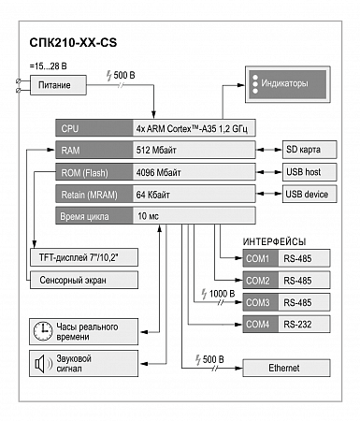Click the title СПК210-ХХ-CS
(x=73, y=42)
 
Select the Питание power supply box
(x=58, y=85)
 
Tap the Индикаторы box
(x=288, y=84)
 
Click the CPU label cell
(x=94, y=128)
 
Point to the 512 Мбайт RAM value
(x=156, y=151)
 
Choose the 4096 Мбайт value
(x=158, y=172)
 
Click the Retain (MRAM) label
(x=89, y=195)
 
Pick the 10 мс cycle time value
(x=148, y=216)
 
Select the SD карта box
(x=310, y=150)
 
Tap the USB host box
(x=310, y=172)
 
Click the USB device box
(x=310, y=194)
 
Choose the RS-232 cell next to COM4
(x=304, y=324)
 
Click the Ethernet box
(x=286, y=368)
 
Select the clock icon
(x=43, y=331)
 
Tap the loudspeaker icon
(x=43, y=364)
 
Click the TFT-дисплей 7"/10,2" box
(x=84, y=257)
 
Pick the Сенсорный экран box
(x=84, y=280)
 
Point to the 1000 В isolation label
(x=219, y=294)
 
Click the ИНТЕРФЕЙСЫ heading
(x=274, y=241)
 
